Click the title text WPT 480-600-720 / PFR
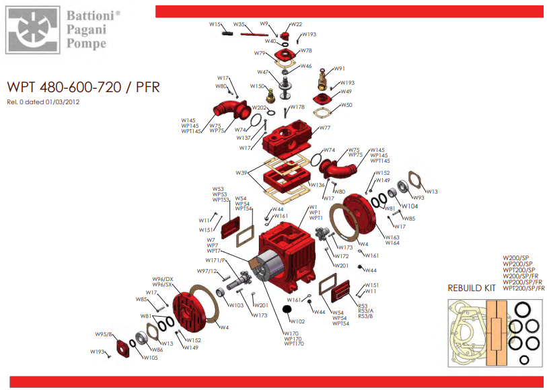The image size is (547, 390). click(83, 88)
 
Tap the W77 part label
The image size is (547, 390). click(325, 127)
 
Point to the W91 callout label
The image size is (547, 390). click(340, 69)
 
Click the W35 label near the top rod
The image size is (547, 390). click(239, 24)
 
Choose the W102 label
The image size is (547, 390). click(297, 321)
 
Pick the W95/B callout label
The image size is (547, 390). click(104, 334)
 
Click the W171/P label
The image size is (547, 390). click(215, 260)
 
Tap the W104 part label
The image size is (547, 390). click(409, 206)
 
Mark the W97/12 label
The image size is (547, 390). click(207, 271)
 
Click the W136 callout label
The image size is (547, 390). click(318, 185)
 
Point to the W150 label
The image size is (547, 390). click(257, 86)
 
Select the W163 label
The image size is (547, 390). click(392, 237)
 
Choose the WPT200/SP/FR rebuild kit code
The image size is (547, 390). click(524, 288)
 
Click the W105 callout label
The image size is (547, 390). click(150, 357)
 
